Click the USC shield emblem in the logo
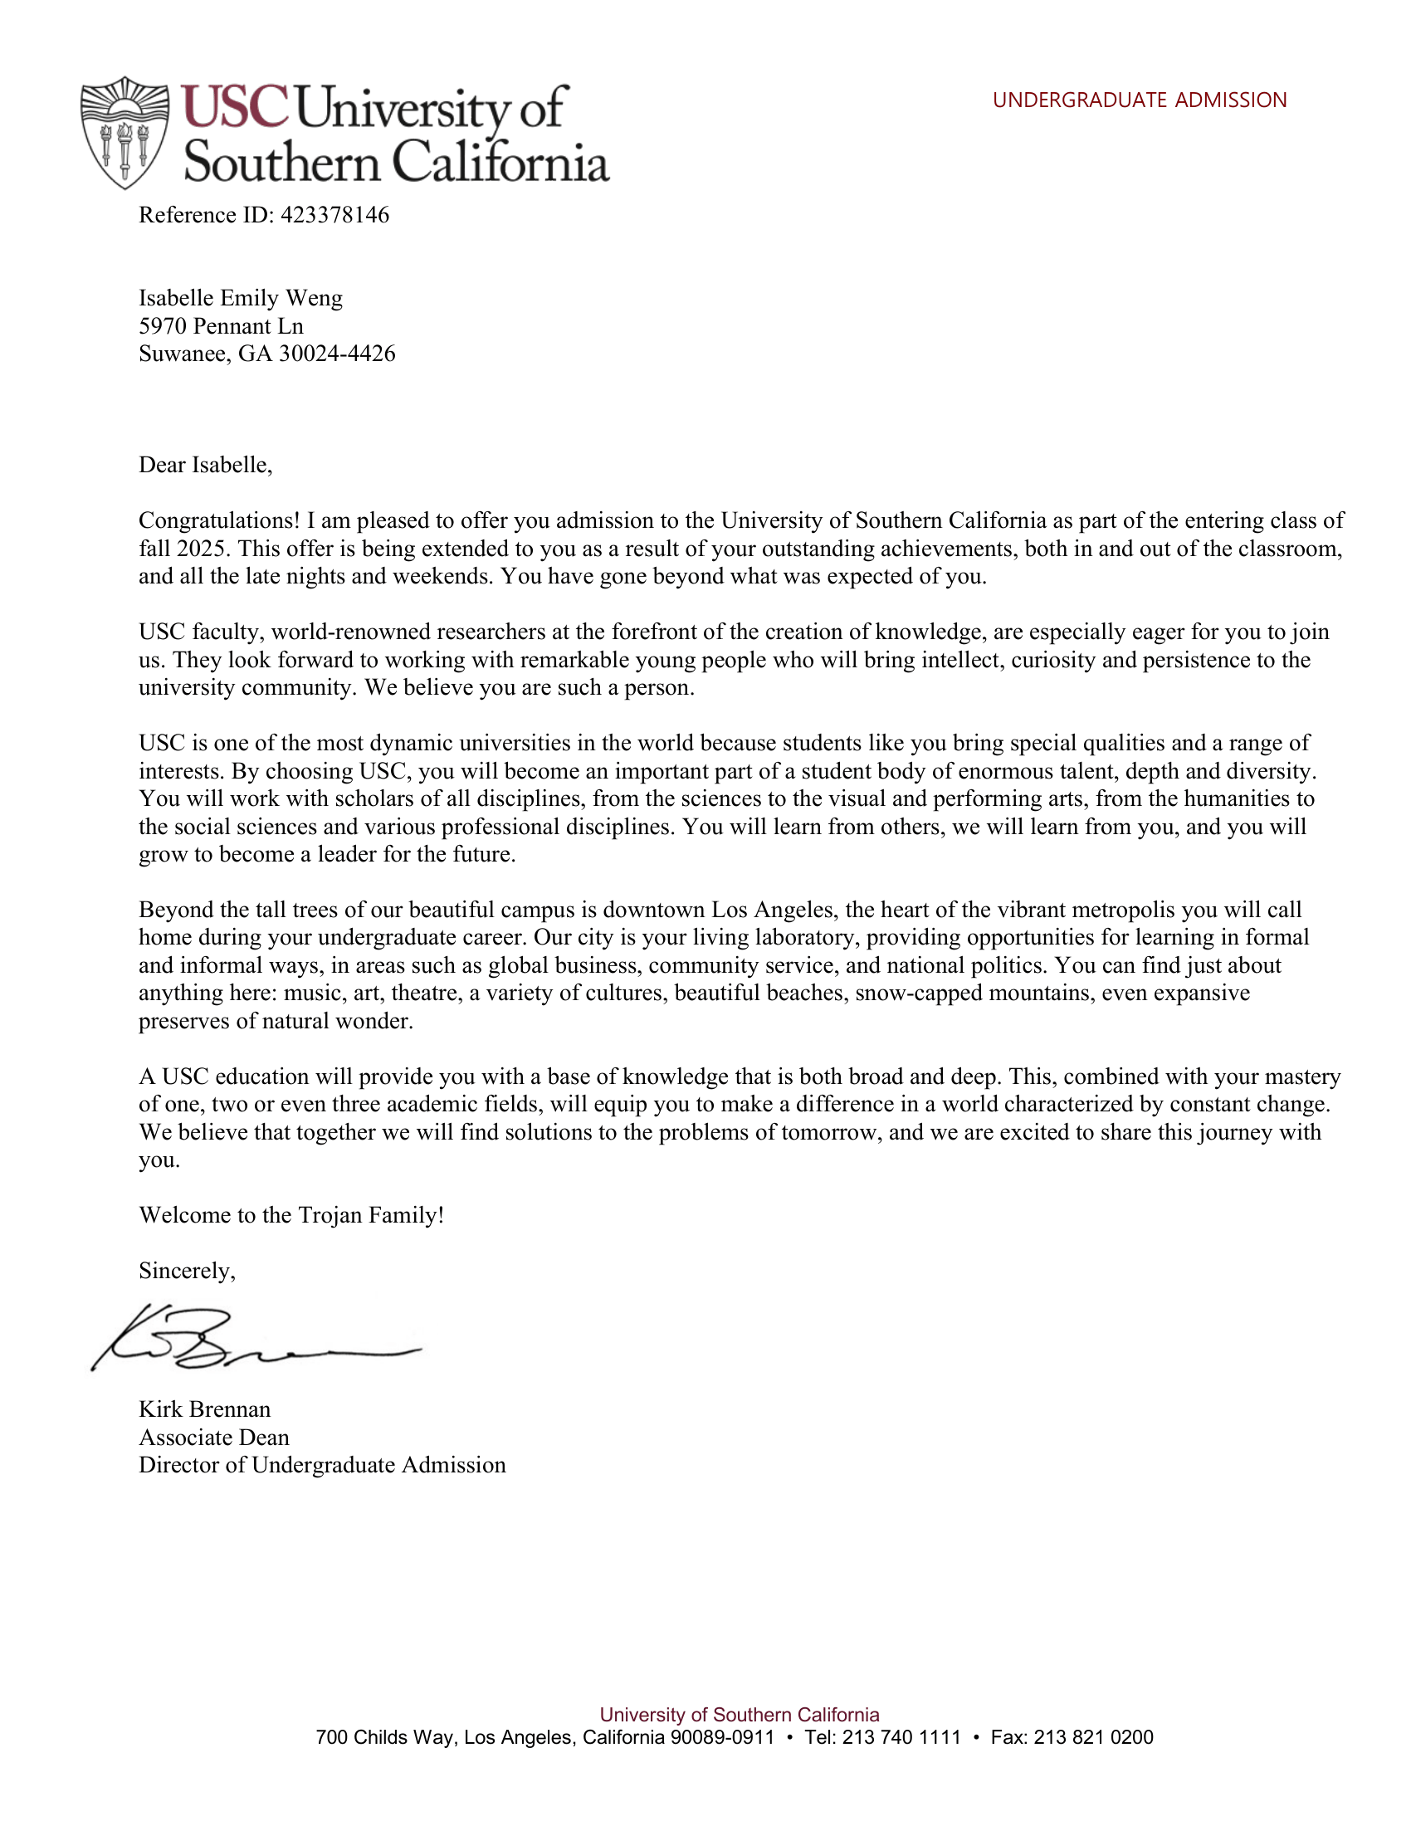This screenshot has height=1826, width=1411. click(x=125, y=132)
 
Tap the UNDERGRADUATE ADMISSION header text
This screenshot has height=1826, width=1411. click(x=1139, y=100)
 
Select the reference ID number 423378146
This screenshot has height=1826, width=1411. click(x=334, y=216)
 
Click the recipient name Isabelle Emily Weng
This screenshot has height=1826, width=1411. click(x=241, y=299)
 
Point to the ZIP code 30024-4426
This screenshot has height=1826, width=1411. click(x=337, y=354)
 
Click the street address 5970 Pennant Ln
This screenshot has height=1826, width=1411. click(x=221, y=326)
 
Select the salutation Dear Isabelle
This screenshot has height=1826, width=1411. click(x=206, y=465)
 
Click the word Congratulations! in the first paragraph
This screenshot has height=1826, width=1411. click(x=219, y=521)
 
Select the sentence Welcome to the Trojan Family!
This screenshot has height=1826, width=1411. click(x=290, y=1215)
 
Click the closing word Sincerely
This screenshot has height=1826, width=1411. click(x=187, y=1271)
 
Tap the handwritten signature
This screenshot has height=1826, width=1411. click(x=251, y=1338)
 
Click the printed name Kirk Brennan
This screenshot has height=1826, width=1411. click(x=205, y=1409)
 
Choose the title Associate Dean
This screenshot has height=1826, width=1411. click(x=214, y=1438)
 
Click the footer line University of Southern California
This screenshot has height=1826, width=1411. click(x=739, y=1715)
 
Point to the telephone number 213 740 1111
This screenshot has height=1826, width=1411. click(x=901, y=1737)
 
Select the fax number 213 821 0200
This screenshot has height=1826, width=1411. click(x=1093, y=1737)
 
